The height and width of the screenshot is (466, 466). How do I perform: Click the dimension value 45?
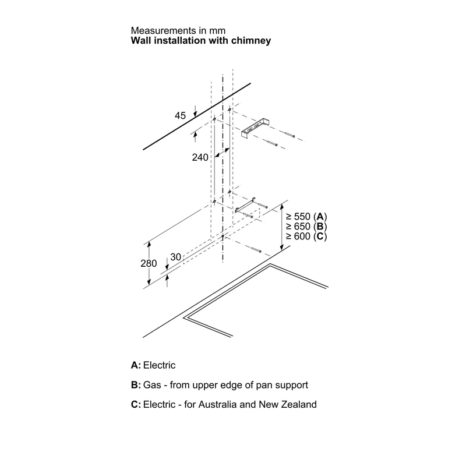(180, 115)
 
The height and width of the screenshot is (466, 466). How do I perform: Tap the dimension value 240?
(200, 157)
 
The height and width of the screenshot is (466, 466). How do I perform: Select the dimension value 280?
(149, 263)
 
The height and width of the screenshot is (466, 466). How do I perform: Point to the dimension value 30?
(176, 257)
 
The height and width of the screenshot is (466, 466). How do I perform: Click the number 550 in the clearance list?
(302, 216)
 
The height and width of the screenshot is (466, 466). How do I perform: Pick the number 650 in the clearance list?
(302, 227)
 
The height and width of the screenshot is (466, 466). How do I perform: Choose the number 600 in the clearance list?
(302, 236)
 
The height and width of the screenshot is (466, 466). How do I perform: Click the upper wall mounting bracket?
(254, 128)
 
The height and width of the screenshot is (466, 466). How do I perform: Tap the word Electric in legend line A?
(159, 365)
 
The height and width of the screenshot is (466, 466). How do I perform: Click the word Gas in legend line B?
(152, 385)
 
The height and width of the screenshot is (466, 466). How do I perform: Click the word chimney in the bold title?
(251, 41)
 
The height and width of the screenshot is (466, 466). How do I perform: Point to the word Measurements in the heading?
(164, 31)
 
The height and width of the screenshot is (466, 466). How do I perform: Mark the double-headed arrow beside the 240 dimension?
(222, 153)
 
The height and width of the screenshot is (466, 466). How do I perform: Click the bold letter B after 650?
(320, 227)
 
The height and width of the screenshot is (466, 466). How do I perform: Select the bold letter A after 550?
(320, 216)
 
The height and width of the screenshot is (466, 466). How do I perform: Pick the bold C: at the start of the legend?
(136, 404)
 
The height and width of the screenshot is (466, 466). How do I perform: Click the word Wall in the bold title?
(141, 40)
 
